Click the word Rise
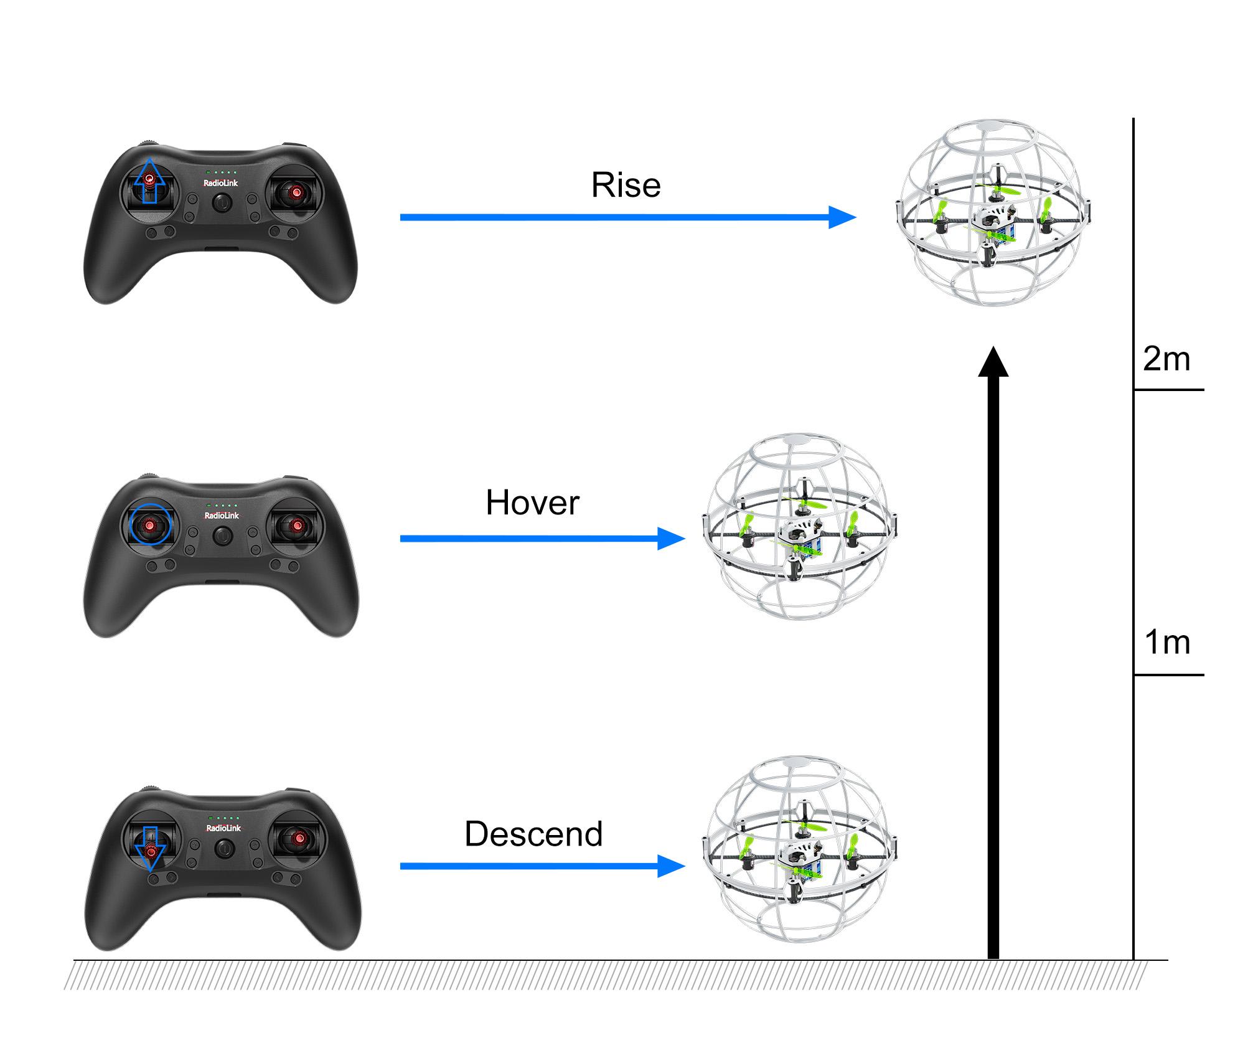click(x=626, y=185)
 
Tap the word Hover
click(x=532, y=503)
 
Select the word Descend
click(x=533, y=834)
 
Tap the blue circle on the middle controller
click(x=150, y=524)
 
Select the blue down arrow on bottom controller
click(x=150, y=847)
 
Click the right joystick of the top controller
click(x=296, y=192)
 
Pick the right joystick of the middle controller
click(x=298, y=526)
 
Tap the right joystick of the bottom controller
click(x=299, y=839)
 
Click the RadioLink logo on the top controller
click(x=220, y=183)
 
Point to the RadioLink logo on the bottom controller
click(x=223, y=828)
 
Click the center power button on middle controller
click(x=223, y=535)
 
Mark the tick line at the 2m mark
click(x=1168, y=390)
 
